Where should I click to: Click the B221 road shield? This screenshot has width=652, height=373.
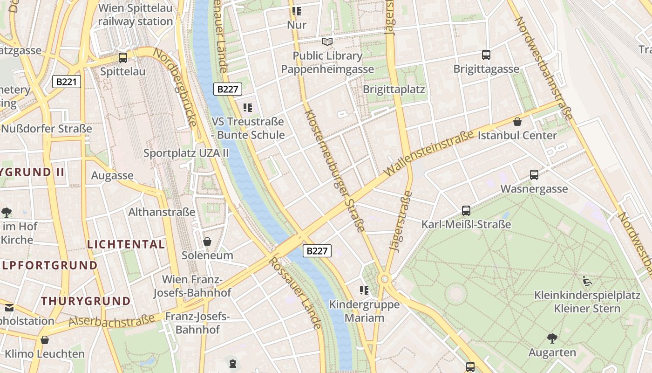pyautogui.click(x=67, y=82)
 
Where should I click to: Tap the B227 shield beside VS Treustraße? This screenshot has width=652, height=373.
pyautogui.click(x=228, y=89)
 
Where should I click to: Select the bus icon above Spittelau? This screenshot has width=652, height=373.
pyautogui.click(x=123, y=58)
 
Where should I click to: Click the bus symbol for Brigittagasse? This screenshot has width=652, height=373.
pyautogui.click(x=486, y=55)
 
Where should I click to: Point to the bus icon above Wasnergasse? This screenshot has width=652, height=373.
pyautogui.click(x=534, y=175)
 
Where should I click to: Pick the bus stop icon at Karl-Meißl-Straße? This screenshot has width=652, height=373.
pyautogui.click(x=466, y=210)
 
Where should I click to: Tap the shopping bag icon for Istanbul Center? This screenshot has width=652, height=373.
pyautogui.click(x=517, y=122)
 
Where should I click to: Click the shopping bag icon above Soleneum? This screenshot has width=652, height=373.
pyautogui.click(x=207, y=242)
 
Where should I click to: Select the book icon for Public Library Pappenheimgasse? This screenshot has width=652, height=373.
pyautogui.click(x=328, y=42)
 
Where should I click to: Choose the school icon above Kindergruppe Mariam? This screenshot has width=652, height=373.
pyautogui.click(x=364, y=290)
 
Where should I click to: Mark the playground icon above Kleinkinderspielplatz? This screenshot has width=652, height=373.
pyautogui.click(x=587, y=281)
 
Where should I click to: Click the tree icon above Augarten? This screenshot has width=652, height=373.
pyautogui.click(x=552, y=338)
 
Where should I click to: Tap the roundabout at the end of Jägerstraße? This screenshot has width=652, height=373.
pyautogui.click(x=384, y=279)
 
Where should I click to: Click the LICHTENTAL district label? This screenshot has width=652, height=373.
pyautogui.click(x=126, y=244)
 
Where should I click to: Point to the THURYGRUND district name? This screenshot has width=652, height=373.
pyautogui.click(x=86, y=301)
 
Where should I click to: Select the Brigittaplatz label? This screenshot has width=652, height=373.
pyautogui.click(x=394, y=89)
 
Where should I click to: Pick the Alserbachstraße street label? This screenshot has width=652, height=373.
pyautogui.click(x=112, y=321)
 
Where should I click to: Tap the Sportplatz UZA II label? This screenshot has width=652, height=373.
pyautogui.click(x=186, y=152)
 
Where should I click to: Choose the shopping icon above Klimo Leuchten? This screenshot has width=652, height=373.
pyautogui.click(x=45, y=340)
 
